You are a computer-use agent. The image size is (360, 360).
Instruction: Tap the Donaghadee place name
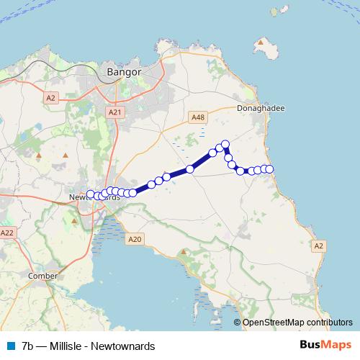[261, 108]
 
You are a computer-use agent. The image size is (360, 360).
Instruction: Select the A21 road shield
[115, 112]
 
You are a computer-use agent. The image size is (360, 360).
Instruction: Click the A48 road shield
[199, 117]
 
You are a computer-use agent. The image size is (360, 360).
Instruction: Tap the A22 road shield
[7, 233]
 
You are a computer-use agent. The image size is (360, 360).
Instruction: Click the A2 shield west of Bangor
[50, 98]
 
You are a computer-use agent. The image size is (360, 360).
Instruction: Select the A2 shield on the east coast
[319, 246]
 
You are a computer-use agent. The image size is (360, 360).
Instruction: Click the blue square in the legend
[10, 346]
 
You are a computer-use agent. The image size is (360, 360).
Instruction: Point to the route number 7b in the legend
[28, 346]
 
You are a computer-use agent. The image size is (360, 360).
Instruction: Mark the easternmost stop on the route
[270, 168]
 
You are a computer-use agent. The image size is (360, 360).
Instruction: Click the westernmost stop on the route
[91, 194]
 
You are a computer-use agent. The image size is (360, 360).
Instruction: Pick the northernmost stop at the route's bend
[225, 144]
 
